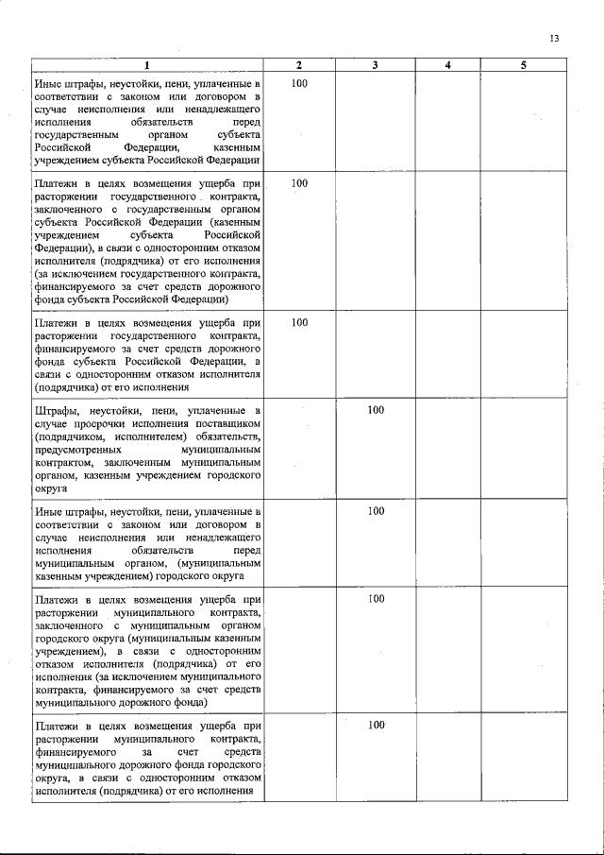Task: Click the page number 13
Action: (x=554, y=39)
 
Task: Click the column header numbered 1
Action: (x=147, y=64)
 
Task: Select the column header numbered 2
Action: (x=299, y=64)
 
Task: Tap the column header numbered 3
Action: (x=376, y=64)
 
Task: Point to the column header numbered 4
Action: (x=448, y=64)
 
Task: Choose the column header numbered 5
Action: (x=523, y=64)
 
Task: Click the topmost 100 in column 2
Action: (x=299, y=83)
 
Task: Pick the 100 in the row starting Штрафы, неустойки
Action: (x=376, y=411)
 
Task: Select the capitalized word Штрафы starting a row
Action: (x=56, y=411)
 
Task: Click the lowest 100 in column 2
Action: (x=299, y=322)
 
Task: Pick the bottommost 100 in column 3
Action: (x=376, y=724)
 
